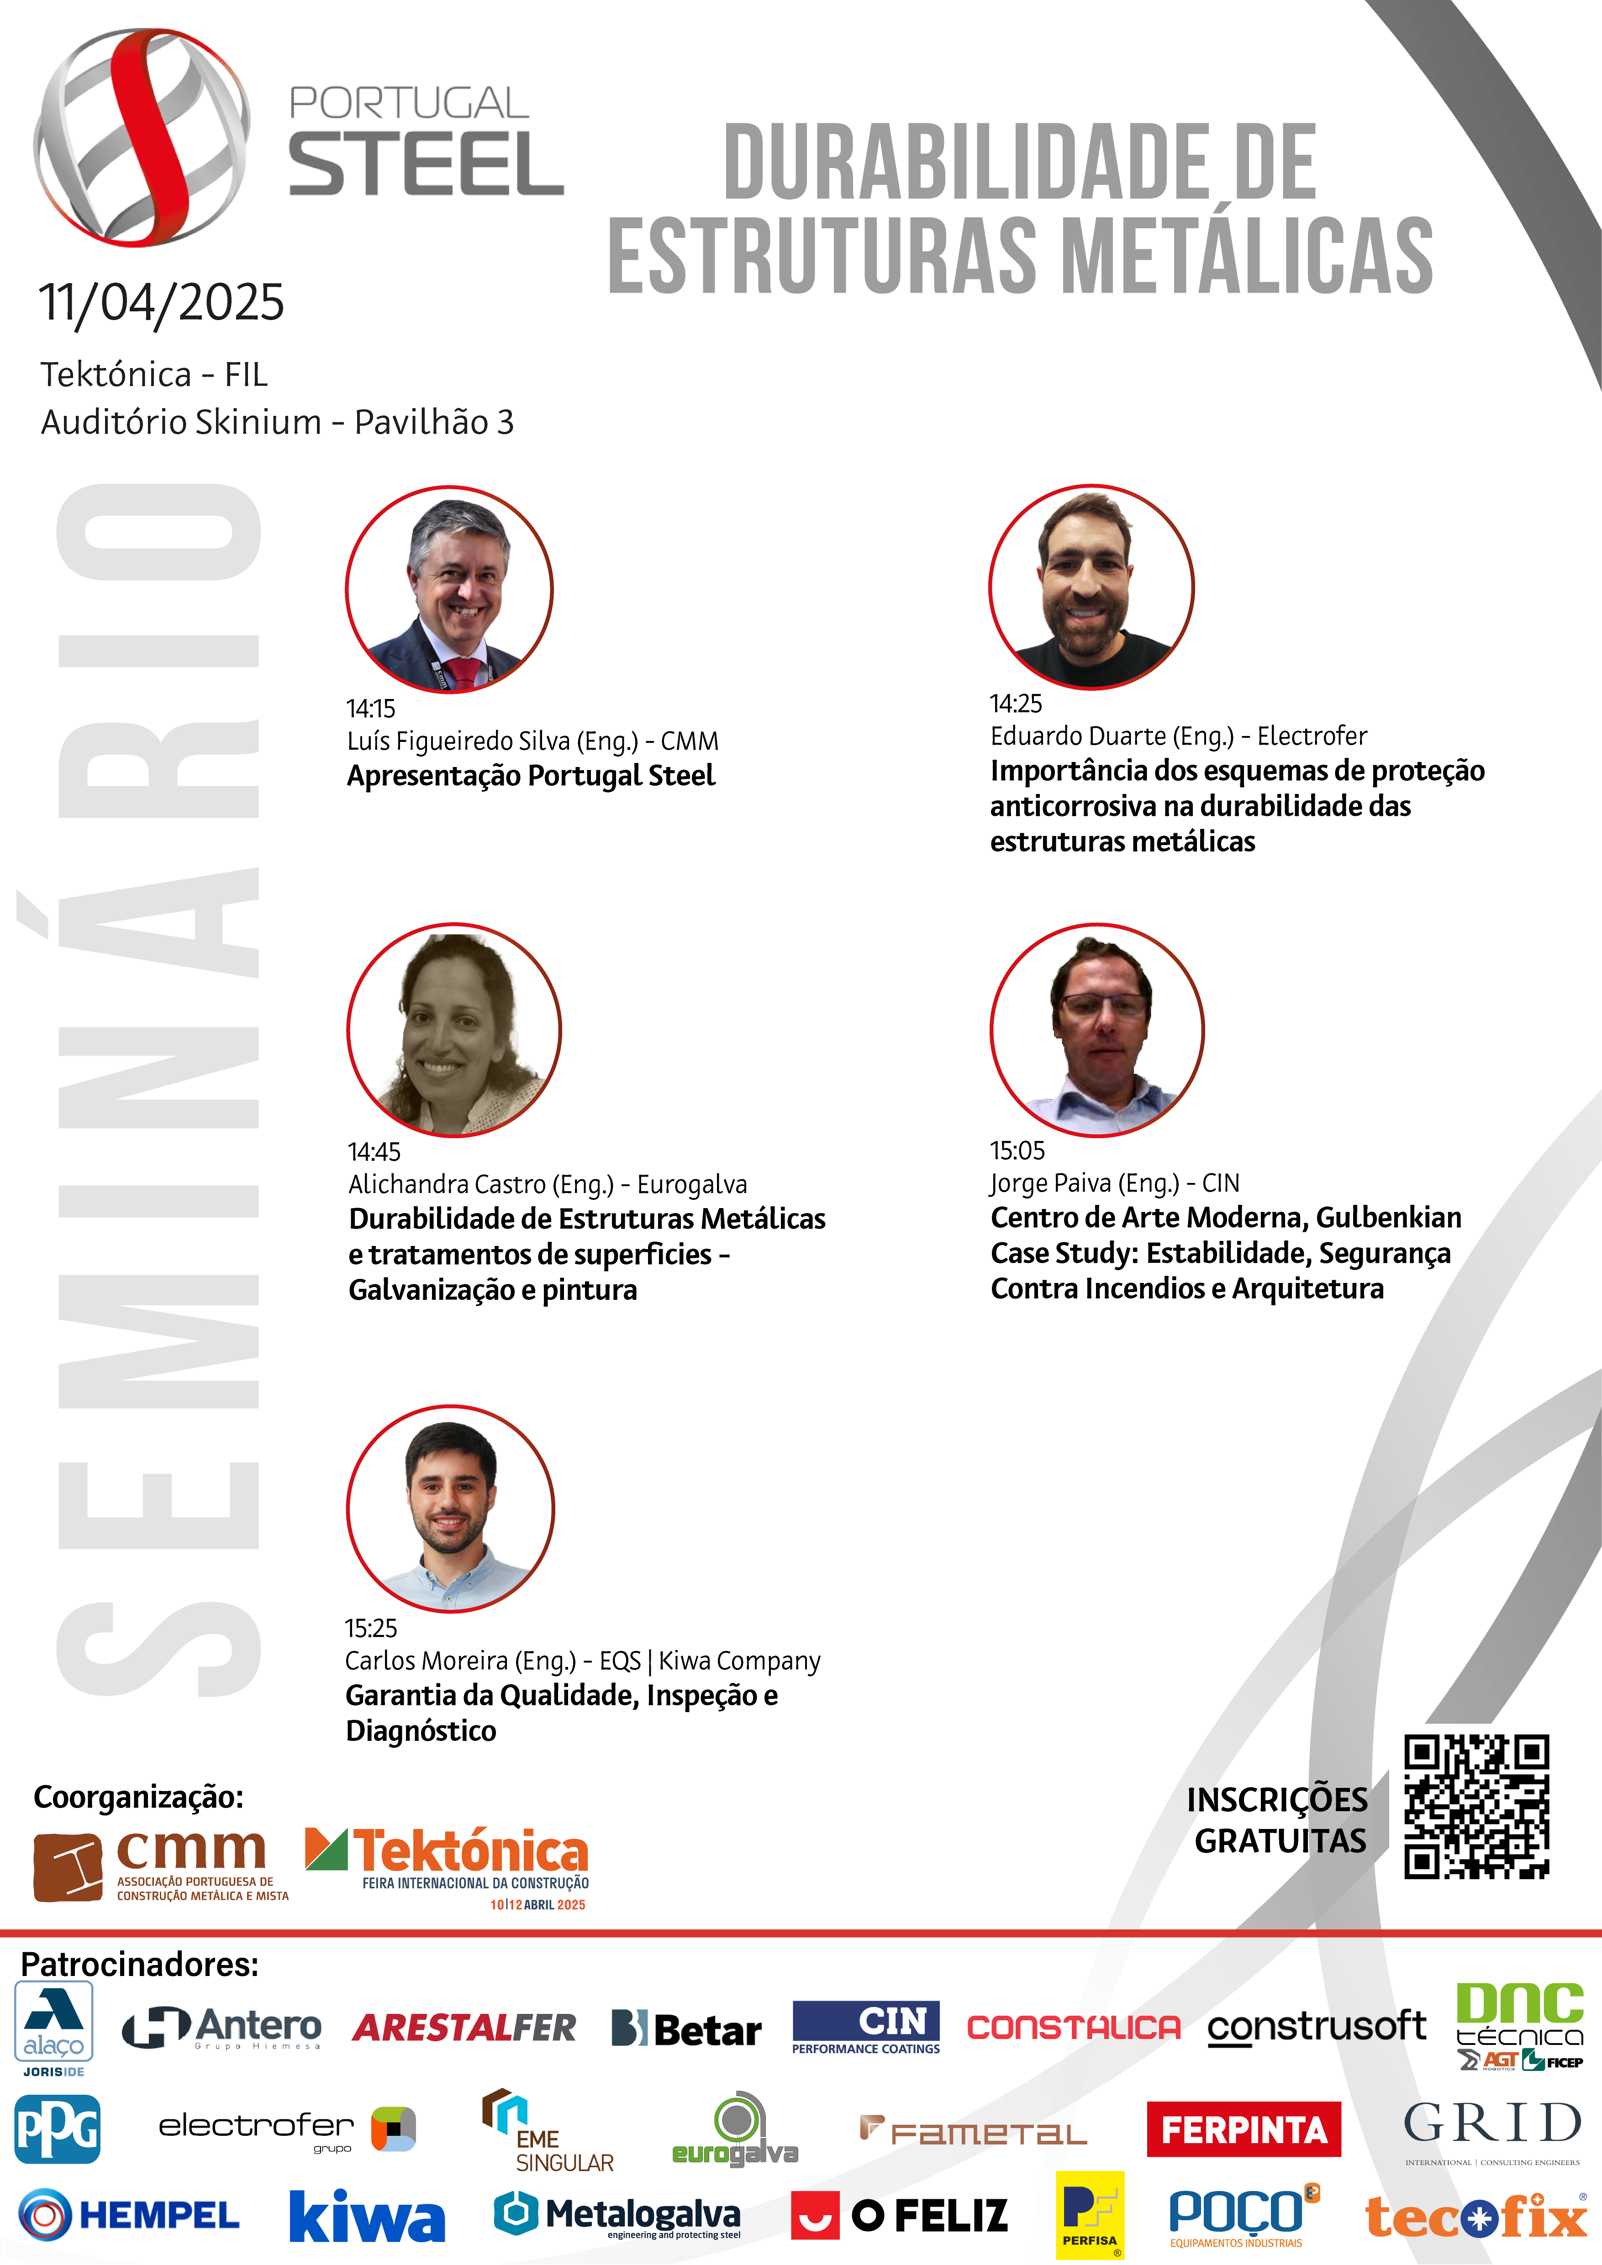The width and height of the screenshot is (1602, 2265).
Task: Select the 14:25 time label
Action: pyautogui.click(x=1016, y=704)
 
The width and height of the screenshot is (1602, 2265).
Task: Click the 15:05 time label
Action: pyautogui.click(x=1017, y=1150)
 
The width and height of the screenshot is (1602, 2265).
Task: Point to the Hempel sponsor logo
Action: pyautogui.click(x=128, y=2215)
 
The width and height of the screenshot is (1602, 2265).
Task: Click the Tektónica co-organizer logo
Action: pyautogui.click(x=447, y=1867)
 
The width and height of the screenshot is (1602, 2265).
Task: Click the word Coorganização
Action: pyautogui.click(x=138, y=1797)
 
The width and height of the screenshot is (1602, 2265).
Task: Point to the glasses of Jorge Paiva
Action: pyautogui.click(x=1103, y=1006)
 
